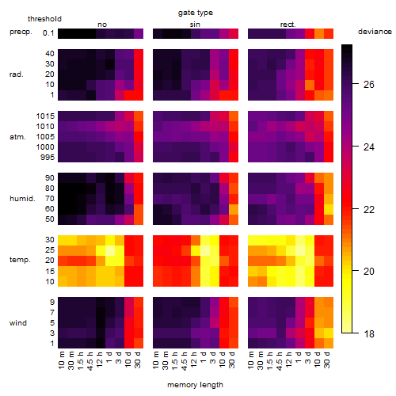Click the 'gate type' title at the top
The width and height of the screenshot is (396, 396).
pos(196,13)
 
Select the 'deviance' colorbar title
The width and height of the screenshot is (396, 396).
pos(375,32)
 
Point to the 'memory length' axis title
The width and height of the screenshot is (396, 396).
pos(195,385)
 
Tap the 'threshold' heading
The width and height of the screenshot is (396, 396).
pos(44,19)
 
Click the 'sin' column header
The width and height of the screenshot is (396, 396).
pos(195,25)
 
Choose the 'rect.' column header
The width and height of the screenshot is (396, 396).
pos(287,25)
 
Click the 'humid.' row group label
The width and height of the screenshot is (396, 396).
pos(22,199)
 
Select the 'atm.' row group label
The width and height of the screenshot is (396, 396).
pos(17,137)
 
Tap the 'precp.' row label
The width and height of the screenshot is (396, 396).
pos(21,32)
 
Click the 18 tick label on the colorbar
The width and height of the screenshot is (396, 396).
pos(369,334)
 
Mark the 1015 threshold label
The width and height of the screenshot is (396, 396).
pos(45,116)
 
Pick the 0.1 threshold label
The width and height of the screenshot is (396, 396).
pos(48,33)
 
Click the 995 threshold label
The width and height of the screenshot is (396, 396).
pos(48,158)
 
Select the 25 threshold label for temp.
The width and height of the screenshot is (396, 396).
pos(50,250)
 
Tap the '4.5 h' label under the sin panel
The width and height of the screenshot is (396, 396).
pos(185,360)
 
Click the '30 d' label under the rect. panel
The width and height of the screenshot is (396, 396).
pos(327,360)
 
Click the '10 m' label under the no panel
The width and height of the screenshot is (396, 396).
pos(61,360)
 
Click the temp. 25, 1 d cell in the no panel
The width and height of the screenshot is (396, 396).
pos(110,250)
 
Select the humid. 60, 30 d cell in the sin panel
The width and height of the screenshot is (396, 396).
pos(234,209)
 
